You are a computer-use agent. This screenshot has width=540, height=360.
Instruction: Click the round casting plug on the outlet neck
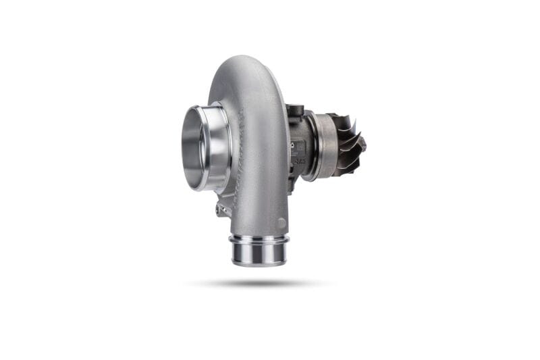coord(281,224)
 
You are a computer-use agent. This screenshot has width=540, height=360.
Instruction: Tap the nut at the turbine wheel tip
coord(362,144)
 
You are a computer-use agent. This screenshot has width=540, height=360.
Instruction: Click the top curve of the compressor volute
coord(243,64)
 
